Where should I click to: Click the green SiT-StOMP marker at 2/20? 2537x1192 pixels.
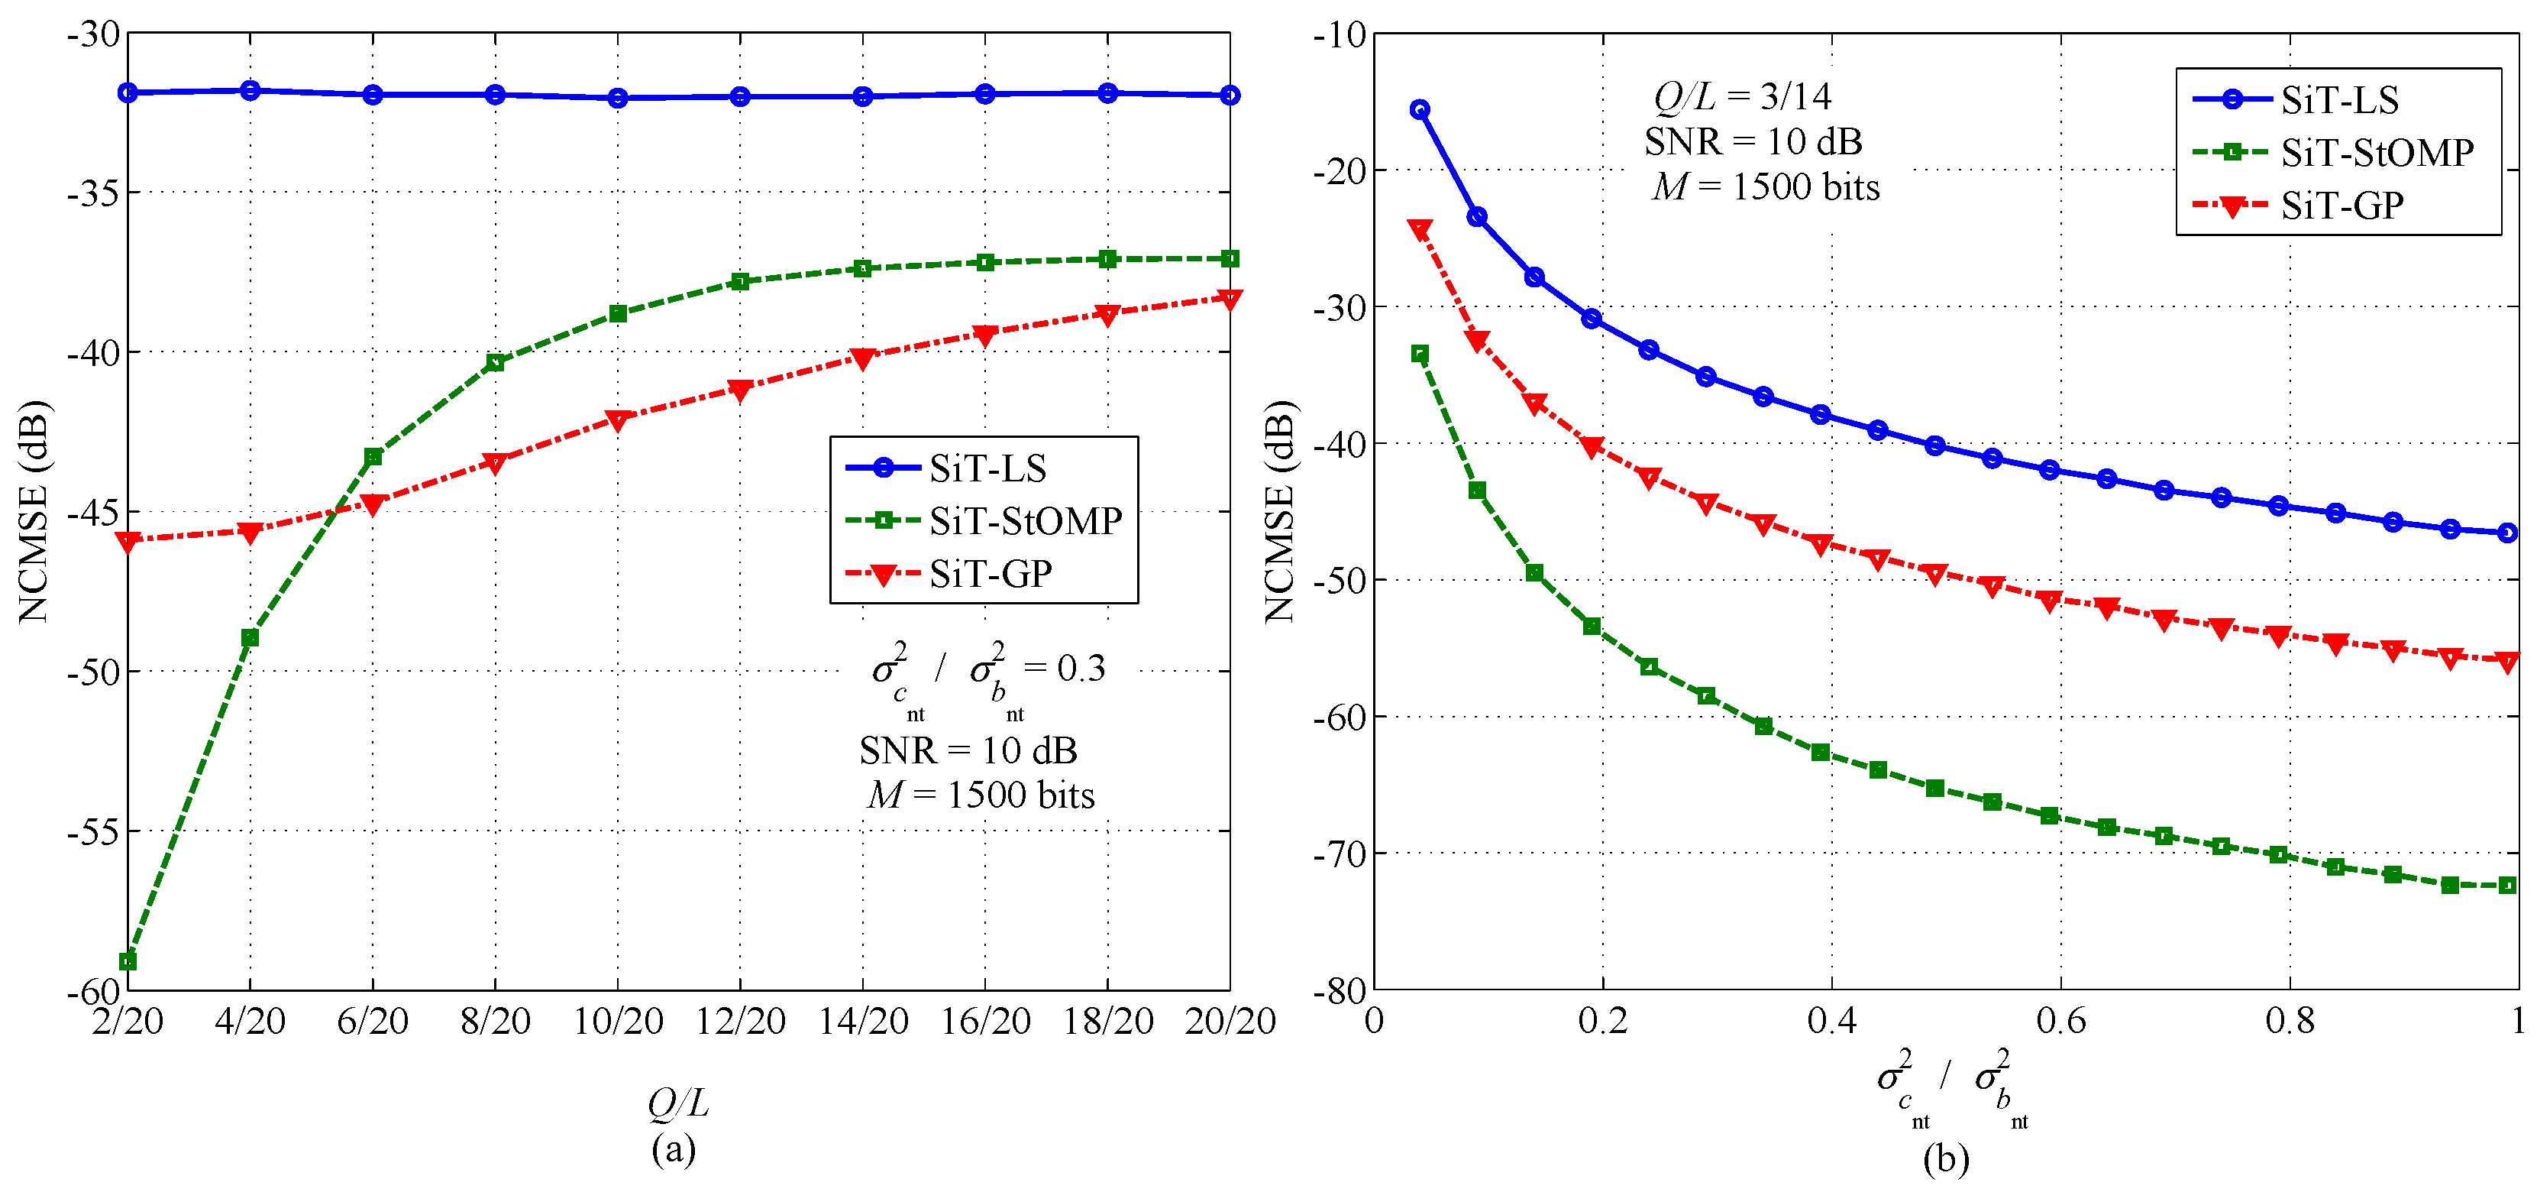(x=128, y=960)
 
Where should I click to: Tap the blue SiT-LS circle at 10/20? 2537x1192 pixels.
(x=618, y=98)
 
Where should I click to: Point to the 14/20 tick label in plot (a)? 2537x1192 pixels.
(x=863, y=1021)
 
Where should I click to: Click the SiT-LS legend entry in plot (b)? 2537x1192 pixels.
(x=2339, y=99)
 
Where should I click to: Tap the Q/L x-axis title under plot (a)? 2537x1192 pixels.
(x=677, y=1103)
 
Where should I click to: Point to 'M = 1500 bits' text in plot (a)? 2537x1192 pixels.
(x=981, y=794)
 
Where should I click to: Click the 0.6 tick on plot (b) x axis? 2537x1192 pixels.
(x=2060, y=1021)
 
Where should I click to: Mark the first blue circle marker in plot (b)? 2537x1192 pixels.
(x=1419, y=109)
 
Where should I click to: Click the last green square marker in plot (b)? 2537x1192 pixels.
(x=2507, y=885)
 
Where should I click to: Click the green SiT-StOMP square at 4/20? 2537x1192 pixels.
(x=250, y=637)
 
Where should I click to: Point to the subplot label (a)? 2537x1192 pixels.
(x=674, y=1148)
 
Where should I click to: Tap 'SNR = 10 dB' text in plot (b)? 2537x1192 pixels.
(x=1753, y=142)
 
